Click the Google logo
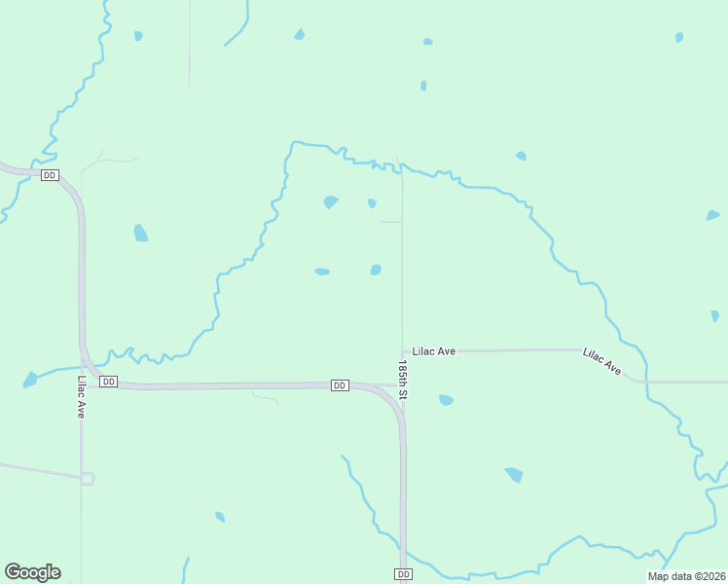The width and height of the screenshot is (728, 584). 32,572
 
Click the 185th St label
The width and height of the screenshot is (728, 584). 403,380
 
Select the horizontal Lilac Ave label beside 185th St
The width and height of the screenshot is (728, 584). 434,350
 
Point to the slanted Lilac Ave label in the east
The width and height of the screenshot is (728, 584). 601,361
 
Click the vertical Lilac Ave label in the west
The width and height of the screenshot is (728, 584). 82,397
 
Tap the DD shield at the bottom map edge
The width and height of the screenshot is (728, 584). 404,574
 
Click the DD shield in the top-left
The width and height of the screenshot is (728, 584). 50,174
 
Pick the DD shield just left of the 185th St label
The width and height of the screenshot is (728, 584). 340,385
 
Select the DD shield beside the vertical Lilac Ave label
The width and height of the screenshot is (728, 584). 109,382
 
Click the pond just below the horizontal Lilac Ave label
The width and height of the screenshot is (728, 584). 446,399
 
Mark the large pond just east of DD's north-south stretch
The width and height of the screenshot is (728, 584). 141,233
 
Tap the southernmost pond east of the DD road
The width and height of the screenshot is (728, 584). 513,474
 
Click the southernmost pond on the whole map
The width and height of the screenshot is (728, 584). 220,517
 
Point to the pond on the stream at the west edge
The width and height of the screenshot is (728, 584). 30,379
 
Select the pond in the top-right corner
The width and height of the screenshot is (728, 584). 679,37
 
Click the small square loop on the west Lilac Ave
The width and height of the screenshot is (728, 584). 88,478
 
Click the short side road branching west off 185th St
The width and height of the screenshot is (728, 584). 390,222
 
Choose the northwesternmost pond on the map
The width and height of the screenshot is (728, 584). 138,36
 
